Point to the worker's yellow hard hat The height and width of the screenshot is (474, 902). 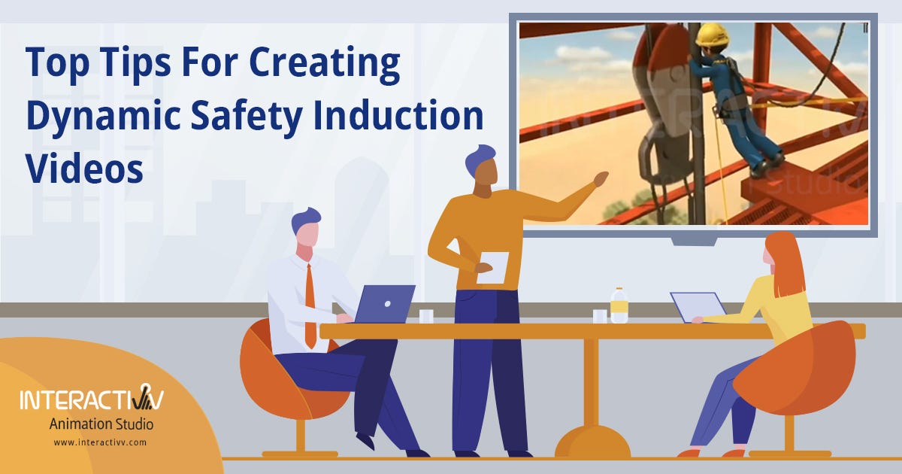(711, 35)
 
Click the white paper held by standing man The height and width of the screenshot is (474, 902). (493, 267)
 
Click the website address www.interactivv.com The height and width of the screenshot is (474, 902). (100, 443)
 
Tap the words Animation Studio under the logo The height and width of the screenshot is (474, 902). (101, 425)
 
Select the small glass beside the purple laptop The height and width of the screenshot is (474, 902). (426, 316)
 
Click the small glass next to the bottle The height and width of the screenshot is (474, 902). (600, 316)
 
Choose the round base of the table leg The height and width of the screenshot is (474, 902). (592, 442)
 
